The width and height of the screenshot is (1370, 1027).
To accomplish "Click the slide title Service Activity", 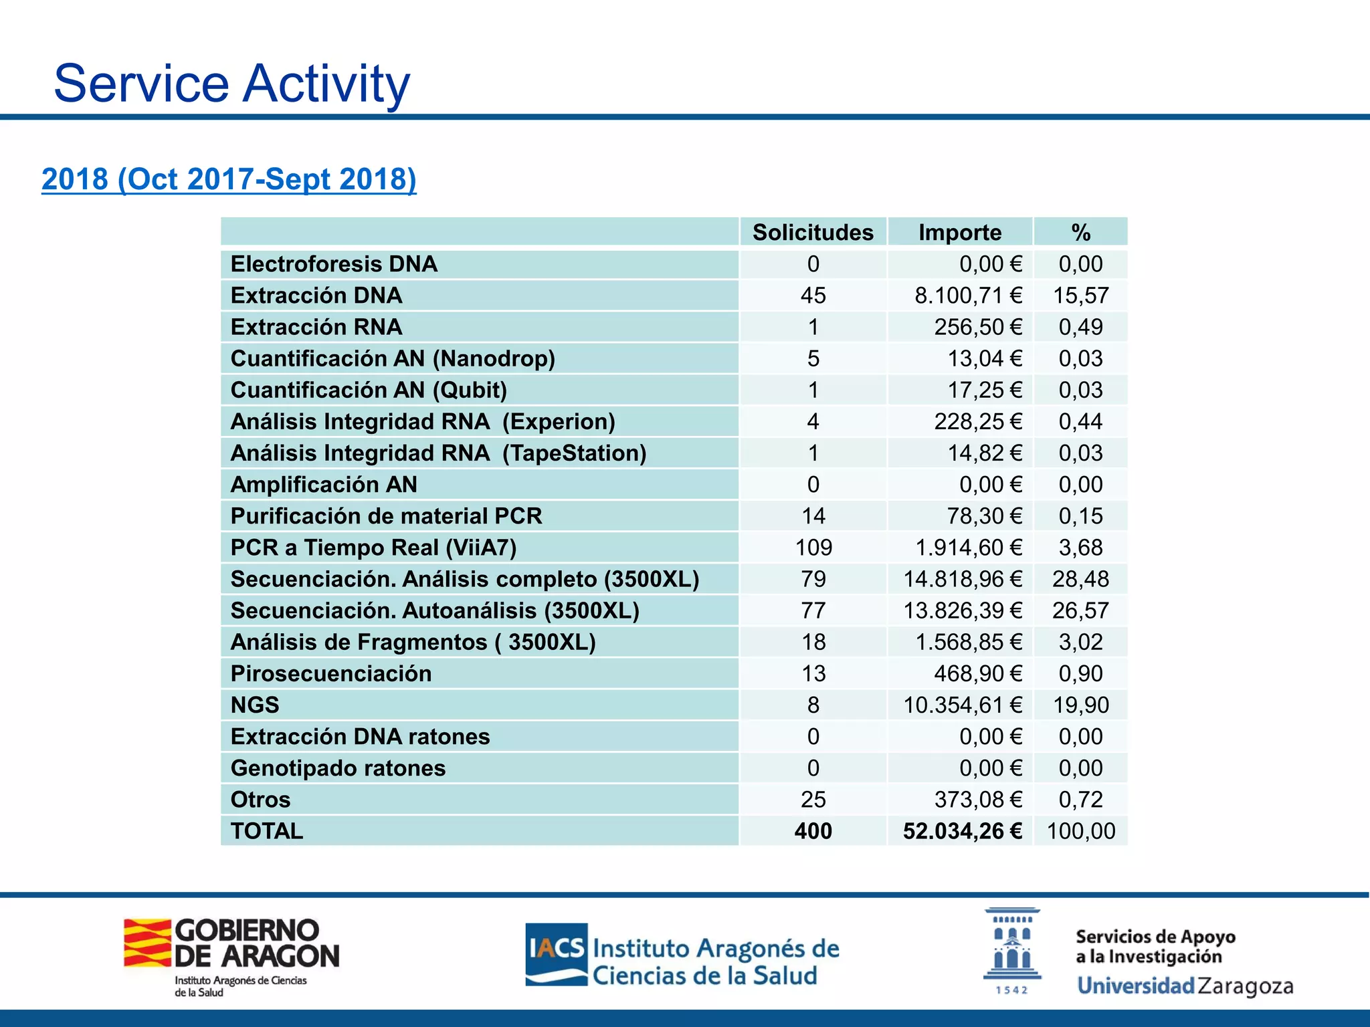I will click(231, 83).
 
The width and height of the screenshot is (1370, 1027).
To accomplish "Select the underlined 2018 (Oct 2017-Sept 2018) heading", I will click(229, 179).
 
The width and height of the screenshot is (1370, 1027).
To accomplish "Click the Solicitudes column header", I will click(813, 232).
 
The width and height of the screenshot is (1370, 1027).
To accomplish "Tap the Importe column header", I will click(960, 232).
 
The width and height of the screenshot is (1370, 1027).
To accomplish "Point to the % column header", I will click(1080, 232).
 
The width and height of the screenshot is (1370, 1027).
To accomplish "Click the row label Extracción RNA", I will click(316, 327).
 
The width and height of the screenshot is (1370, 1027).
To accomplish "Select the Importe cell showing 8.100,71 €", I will click(968, 296).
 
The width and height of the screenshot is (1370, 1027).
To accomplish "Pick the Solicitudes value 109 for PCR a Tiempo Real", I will click(813, 548).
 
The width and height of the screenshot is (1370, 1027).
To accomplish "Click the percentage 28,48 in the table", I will click(1080, 579).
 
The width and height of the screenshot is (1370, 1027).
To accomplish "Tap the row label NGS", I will click(255, 705).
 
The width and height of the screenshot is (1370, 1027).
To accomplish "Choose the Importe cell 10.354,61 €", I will click(963, 705).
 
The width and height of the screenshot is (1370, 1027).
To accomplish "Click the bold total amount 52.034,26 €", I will click(963, 831).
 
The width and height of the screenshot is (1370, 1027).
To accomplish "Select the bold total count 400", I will click(813, 831).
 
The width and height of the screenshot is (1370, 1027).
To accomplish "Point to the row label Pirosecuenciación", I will click(331, 673).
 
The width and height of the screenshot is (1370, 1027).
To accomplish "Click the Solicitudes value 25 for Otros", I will click(813, 800).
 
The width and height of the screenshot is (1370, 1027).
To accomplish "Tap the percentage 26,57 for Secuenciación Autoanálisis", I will click(1080, 610).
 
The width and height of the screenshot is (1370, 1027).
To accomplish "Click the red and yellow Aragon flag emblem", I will click(147, 943).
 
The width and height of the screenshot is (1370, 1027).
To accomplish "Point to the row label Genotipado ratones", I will click(338, 768).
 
